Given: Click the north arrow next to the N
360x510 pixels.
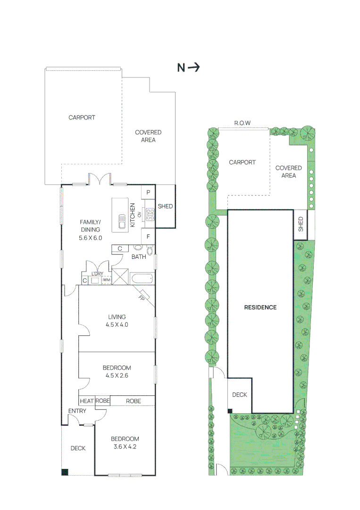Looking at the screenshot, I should [194, 68].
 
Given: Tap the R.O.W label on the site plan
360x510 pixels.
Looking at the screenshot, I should [243, 123].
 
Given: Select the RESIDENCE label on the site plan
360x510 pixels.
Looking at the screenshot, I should [260, 307].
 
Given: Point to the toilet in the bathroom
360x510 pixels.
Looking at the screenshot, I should [150, 250].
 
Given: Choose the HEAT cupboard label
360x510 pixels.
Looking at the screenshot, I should [86, 401].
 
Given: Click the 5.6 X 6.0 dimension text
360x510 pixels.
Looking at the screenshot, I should [91, 238].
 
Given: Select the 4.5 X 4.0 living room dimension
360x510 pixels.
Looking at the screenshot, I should [117, 325].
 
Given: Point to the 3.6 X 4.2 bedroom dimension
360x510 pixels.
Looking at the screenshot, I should [125, 446].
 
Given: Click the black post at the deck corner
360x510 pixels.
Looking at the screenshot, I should [65, 471].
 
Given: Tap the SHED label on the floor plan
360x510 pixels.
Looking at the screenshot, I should [165, 206].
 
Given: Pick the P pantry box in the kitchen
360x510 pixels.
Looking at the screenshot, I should [148, 192].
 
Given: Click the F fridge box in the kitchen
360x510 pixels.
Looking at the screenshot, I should [148, 236].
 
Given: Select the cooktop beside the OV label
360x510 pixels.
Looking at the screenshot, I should [150, 214].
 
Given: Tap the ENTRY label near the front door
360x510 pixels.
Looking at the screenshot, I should [77, 411].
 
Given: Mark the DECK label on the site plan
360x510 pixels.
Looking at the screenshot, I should [240, 395].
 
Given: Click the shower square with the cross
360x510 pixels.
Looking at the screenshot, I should [120, 277].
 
